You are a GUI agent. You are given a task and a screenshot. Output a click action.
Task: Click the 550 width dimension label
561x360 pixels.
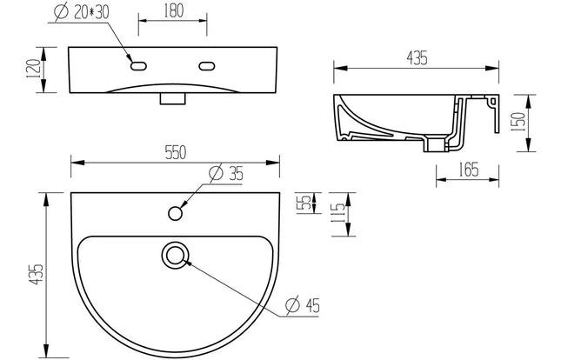pyautogui.click(x=175, y=152)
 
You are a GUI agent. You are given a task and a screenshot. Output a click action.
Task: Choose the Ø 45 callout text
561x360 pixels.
pyautogui.click(x=302, y=304)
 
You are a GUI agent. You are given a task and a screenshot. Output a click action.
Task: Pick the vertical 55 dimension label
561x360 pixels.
pyautogui.click(x=302, y=203)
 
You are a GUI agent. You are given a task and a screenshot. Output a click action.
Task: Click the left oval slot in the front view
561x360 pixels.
pyautogui.click(x=138, y=65)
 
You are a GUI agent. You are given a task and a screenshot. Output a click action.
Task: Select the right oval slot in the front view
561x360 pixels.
pyautogui.click(x=208, y=65)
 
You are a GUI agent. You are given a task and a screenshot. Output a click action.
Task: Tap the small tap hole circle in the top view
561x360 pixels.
pyautogui.click(x=177, y=211)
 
